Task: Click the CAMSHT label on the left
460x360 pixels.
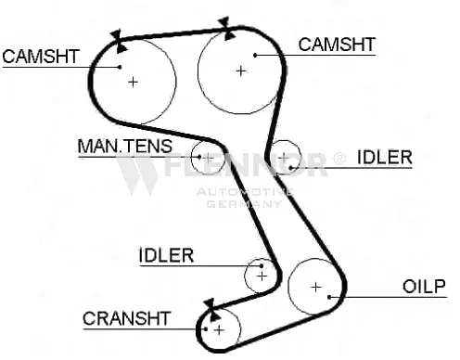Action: (41, 56)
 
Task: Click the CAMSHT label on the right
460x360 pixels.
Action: (336, 44)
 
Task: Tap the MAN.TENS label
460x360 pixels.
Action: (118, 148)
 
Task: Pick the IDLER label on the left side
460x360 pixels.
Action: (166, 255)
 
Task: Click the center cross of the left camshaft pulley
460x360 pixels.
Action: (134, 82)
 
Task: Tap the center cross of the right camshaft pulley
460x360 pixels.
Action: (241, 70)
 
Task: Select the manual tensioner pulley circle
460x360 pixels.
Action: (208, 158)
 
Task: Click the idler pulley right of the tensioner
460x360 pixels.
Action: (287, 157)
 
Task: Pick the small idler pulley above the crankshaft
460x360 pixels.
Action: (261, 275)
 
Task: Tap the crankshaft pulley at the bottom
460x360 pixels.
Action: (219, 328)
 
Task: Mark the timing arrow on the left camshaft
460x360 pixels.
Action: (116, 39)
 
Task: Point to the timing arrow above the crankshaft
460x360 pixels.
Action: (209, 304)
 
